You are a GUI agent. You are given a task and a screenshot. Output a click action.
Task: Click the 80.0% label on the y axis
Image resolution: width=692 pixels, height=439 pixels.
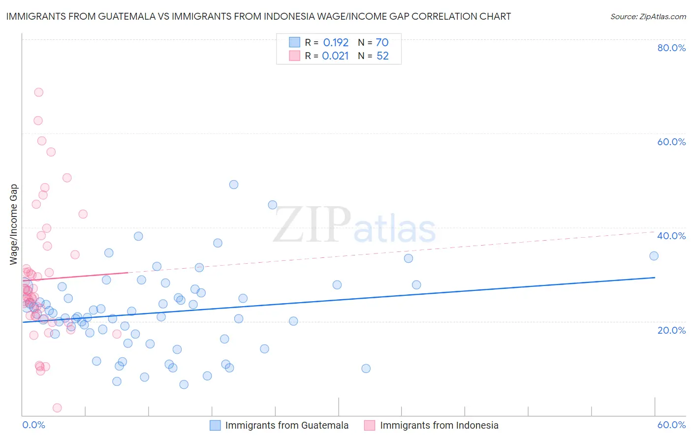pyautogui.click(x=671, y=48)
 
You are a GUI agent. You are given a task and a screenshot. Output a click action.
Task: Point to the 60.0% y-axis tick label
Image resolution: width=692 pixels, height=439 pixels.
pyautogui.click(x=671, y=142)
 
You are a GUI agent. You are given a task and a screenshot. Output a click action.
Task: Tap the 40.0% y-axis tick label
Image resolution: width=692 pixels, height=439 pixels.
pyautogui.click(x=671, y=236)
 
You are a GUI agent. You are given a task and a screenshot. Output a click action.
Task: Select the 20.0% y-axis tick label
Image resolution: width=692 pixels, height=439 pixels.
pyautogui.click(x=671, y=330)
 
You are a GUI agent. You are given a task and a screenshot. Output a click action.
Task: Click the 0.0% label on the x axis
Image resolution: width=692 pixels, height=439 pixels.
pyautogui.click(x=33, y=425)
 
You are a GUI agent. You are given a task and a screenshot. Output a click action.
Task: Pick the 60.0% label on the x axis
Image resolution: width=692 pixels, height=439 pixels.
pyautogui.click(x=671, y=425)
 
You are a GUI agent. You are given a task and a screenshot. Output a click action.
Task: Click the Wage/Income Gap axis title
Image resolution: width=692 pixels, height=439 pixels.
pyautogui.click(x=14, y=224)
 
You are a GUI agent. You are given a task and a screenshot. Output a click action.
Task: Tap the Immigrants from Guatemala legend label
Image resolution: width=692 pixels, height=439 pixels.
pyautogui.click(x=286, y=425)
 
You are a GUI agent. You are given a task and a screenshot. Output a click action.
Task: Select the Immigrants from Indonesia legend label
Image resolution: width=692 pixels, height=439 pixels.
pyautogui.click(x=439, y=425)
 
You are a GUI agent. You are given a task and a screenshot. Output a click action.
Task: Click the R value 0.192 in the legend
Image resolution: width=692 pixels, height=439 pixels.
pyautogui.click(x=336, y=42)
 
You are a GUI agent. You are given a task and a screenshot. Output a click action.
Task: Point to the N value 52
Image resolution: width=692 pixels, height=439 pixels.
pyautogui.click(x=382, y=56)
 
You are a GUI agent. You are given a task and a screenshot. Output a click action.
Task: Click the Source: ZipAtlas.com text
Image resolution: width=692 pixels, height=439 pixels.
pyautogui.click(x=648, y=16)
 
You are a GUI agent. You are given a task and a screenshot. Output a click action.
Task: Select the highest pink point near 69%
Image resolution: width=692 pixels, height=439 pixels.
pyautogui.click(x=38, y=92)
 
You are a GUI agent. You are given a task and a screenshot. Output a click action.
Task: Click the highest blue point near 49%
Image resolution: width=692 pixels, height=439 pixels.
pyautogui.click(x=234, y=185)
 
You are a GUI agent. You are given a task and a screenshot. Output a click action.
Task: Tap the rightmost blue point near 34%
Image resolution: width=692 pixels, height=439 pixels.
pyautogui.click(x=654, y=256)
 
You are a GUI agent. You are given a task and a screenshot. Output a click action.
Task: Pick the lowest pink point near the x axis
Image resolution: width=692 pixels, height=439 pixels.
pyautogui.click(x=57, y=408)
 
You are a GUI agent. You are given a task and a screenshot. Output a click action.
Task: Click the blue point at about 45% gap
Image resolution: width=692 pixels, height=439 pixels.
pyautogui.click(x=272, y=205)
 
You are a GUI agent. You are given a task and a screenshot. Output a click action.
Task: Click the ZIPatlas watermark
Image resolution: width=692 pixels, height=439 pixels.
pyautogui.click(x=354, y=225)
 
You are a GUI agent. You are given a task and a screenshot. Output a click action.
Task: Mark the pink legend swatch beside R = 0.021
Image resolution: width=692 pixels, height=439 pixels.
pyautogui.click(x=294, y=56)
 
